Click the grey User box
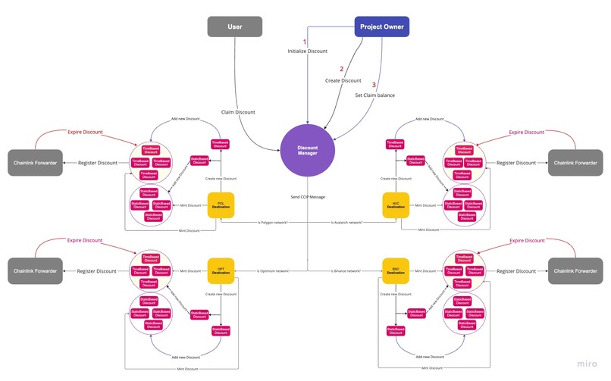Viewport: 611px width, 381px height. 234,27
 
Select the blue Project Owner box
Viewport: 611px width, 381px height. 381,27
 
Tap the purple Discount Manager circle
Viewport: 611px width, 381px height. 308,151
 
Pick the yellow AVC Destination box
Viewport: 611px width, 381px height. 396,205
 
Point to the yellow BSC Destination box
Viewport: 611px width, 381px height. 396,270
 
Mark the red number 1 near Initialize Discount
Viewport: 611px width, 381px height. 305,42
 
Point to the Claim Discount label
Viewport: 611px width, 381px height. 238,112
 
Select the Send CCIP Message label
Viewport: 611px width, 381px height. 308,196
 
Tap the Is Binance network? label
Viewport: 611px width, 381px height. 346,270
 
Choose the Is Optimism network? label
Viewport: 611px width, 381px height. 272,270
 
